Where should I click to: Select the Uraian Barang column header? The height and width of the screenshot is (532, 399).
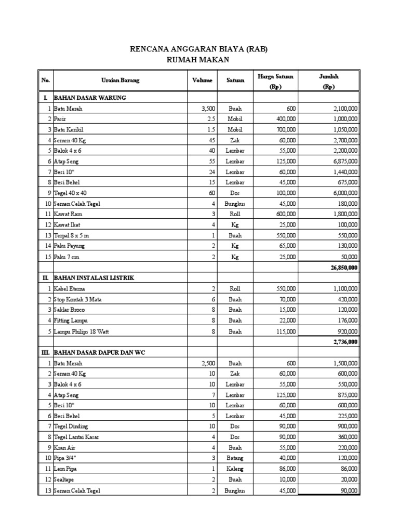pyautogui.click(x=120, y=81)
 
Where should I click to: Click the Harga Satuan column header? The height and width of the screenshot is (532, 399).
pyautogui.click(x=275, y=77)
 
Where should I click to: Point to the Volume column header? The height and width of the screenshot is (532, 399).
pyautogui.click(x=202, y=81)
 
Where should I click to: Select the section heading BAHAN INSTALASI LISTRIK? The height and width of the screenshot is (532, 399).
pyautogui.click(x=94, y=278)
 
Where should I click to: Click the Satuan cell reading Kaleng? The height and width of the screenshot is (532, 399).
pyautogui.click(x=235, y=469)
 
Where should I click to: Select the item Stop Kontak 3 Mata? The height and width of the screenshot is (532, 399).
pyautogui.click(x=77, y=299)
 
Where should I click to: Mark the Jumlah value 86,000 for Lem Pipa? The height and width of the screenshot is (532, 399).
pyautogui.click(x=347, y=469)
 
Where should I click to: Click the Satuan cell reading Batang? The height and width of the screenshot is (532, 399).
pyautogui.click(x=235, y=458)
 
